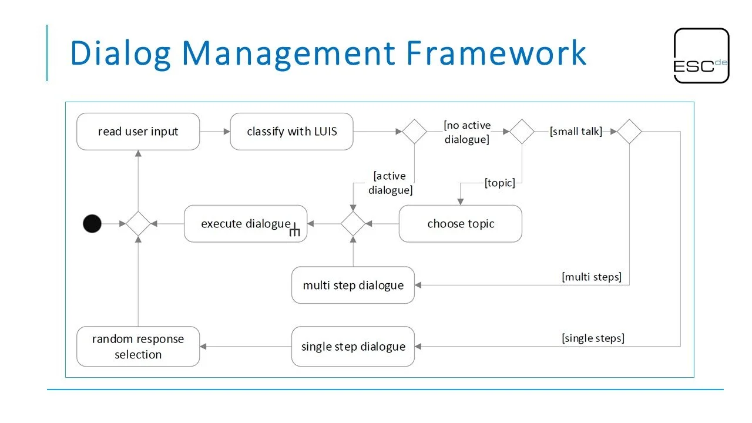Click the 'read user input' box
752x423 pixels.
pyautogui.click(x=138, y=132)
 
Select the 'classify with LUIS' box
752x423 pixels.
pyautogui.click(x=291, y=132)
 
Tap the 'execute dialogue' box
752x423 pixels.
pyautogui.click(x=246, y=224)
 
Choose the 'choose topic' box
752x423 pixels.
pyautogui.click(x=460, y=224)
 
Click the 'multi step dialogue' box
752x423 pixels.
pyautogui.click(x=353, y=286)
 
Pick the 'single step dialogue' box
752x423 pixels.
pyautogui.click(x=353, y=347)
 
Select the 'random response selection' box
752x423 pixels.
pyautogui.click(x=138, y=347)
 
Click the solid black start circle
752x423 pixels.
pyautogui.click(x=92, y=224)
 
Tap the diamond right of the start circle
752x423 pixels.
pyautogui.click(x=138, y=224)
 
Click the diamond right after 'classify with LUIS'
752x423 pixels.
pyautogui.click(x=414, y=132)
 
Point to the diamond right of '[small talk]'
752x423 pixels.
pyautogui.click(x=629, y=132)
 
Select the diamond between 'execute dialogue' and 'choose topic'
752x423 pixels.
pyautogui.click(x=353, y=224)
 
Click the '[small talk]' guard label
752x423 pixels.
pyautogui.click(x=576, y=132)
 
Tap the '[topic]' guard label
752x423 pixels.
pyautogui.click(x=500, y=183)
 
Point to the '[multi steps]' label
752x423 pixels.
pyautogui.click(x=592, y=277)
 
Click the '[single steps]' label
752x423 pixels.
pyautogui.click(x=593, y=338)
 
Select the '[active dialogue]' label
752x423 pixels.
pyautogui.click(x=391, y=183)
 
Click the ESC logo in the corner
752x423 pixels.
pyautogui.click(x=701, y=56)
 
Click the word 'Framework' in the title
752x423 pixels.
pyautogui.click(x=496, y=53)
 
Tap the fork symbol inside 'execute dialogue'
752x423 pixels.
pyautogui.click(x=295, y=231)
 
